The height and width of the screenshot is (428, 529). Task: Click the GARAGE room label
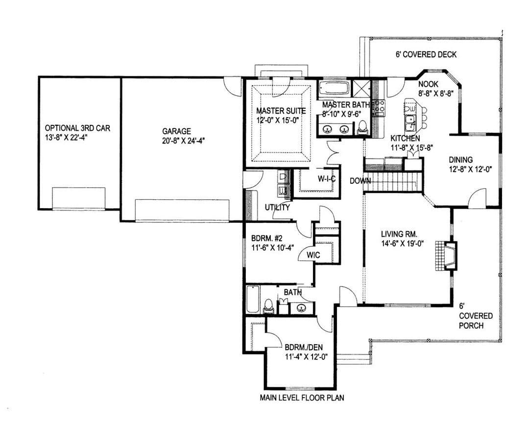click(x=176, y=131)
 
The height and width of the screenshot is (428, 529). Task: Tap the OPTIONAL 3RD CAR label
click(x=77, y=128)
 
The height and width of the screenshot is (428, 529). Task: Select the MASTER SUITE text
click(x=281, y=111)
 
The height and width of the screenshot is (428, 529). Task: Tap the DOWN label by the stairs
click(x=360, y=181)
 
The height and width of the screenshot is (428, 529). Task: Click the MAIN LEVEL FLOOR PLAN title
click(x=302, y=398)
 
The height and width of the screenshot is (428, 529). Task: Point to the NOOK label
click(x=428, y=84)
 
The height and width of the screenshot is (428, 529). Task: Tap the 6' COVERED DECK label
click(x=426, y=54)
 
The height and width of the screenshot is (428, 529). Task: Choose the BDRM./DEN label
click(x=304, y=347)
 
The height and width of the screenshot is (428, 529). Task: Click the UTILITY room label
click(x=277, y=207)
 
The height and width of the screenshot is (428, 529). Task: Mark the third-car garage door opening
click(x=78, y=198)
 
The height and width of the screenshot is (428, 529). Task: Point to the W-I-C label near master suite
click(x=327, y=178)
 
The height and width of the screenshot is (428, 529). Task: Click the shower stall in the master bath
click(x=361, y=89)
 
